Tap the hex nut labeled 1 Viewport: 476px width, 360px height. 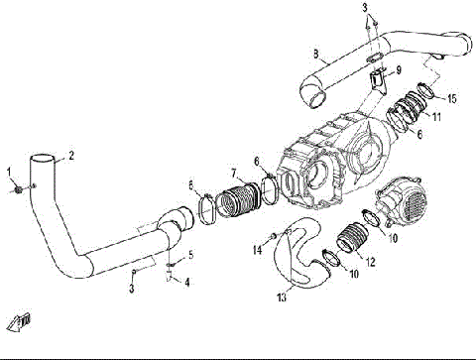tap(20, 188)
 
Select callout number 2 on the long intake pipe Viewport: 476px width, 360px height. tap(70, 155)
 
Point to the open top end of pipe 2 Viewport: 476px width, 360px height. tap(43, 160)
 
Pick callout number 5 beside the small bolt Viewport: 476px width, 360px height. tap(190, 256)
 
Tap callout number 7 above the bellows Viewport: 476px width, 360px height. tap(234, 172)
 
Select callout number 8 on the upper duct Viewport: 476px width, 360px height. tap(314, 52)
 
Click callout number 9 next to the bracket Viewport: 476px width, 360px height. tap(398, 70)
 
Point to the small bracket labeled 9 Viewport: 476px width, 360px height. tap(377, 76)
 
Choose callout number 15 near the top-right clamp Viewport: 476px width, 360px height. tap(452, 98)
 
